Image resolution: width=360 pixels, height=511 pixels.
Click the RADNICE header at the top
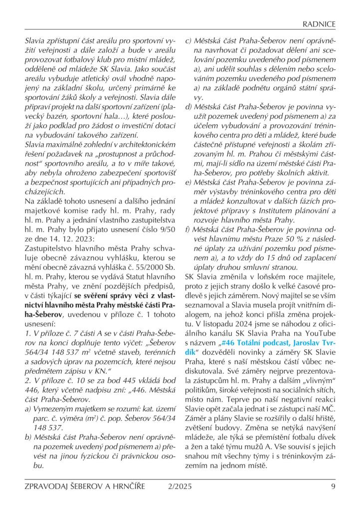pos(320,24)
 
